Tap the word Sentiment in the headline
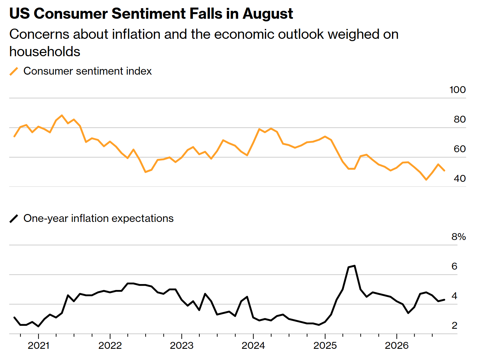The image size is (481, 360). (149, 13)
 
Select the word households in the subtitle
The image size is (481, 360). (45, 52)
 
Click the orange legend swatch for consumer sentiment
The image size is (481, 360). (13, 71)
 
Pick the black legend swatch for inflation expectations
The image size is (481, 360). (13, 219)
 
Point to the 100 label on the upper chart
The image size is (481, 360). (458, 90)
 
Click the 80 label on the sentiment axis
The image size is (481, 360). (460, 119)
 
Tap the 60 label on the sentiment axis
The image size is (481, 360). (460, 149)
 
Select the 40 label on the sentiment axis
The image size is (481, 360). (460, 179)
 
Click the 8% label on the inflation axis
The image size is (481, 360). (458, 237)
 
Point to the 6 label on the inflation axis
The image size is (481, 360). (454, 266)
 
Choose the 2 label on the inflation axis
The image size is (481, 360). (454, 325)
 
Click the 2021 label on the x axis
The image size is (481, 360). (38, 346)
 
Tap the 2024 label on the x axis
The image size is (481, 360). (253, 346)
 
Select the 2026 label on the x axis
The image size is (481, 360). (397, 346)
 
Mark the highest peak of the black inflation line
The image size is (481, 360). (354, 266)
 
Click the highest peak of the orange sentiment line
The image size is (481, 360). (62, 115)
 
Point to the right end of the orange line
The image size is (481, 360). (444, 170)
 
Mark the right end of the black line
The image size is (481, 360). (444, 300)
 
